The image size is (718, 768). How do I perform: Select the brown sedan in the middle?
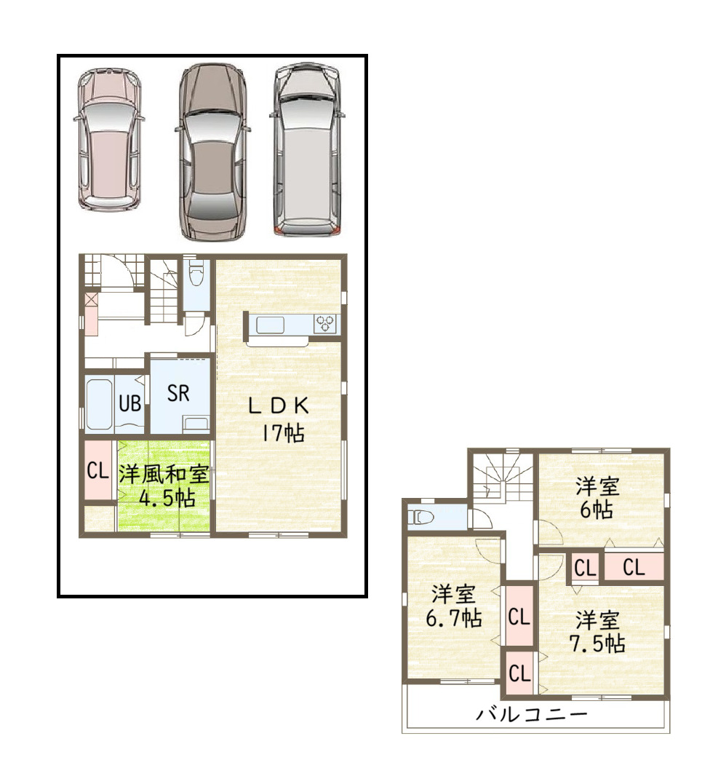[213, 152]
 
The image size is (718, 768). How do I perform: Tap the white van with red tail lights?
[307, 149]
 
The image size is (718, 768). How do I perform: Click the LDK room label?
[279, 405]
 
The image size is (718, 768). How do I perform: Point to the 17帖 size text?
[283, 432]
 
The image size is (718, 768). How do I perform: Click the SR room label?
[178, 393]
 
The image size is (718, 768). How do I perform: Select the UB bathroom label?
[129, 403]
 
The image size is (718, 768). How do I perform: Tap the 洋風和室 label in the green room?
[164, 474]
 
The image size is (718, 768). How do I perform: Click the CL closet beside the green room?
[97, 471]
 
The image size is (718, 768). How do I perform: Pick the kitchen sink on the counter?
[270, 325]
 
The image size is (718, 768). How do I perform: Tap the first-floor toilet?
[196, 273]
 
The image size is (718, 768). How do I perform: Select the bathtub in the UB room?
[100, 405]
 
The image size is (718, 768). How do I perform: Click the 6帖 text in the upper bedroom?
[597, 510]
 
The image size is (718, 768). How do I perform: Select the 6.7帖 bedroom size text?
[454, 617]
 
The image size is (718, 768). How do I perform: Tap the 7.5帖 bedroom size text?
[597, 643]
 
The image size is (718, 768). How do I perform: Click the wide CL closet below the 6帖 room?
[634, 567]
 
